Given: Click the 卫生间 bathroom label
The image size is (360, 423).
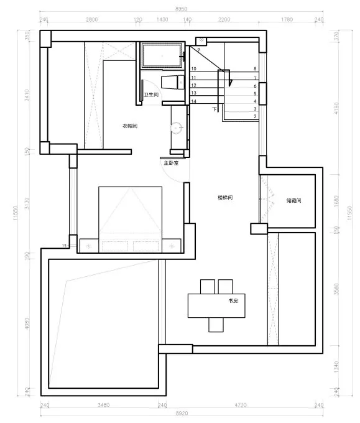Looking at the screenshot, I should point(152,95).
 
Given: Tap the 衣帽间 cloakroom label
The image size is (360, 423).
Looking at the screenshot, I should point(129,126).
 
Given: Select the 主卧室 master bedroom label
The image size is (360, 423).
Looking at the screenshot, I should point(171,163).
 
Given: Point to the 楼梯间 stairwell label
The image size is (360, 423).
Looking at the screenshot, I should point(224,198).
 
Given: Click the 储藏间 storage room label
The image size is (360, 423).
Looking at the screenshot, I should point(293,200).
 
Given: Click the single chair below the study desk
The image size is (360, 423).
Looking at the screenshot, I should point(216,325).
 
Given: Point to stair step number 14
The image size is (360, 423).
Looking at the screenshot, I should point(194,101).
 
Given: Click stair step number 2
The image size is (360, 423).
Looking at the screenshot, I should point(255,116).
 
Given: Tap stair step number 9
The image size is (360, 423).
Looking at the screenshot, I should point(198,49).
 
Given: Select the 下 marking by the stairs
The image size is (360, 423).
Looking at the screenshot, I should point(215,109).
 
